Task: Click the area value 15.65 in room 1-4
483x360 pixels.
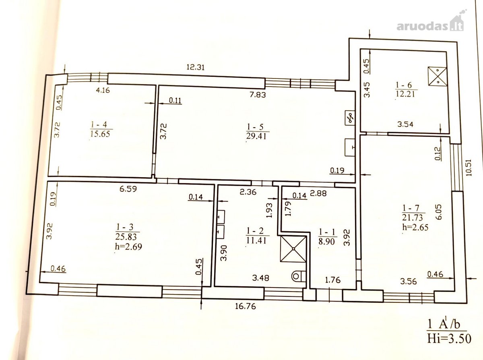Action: coord(100,134)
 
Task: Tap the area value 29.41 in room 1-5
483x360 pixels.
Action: coord(256,136)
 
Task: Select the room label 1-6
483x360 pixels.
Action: coord(405,85)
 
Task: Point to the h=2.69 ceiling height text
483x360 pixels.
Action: coord(128,246)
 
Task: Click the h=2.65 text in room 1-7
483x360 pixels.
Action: coord(415,227)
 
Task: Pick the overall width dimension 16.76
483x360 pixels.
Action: coord(246,306)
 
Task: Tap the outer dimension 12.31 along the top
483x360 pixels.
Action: coord(196,67)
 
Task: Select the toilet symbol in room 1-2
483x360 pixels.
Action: coord(298,276)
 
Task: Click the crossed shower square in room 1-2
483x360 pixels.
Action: coord(293,249)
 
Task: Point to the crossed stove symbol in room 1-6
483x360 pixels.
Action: coord(437,76)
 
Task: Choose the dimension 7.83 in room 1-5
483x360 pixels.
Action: coord(258,95)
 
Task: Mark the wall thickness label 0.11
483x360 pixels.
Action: coord(175,100)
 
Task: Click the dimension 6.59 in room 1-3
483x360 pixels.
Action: coord(128,189)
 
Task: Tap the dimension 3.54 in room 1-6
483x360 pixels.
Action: coord(405,124)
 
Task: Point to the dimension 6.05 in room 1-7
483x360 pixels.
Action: coord(439,212)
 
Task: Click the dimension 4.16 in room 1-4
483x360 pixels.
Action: coord(103,90)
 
